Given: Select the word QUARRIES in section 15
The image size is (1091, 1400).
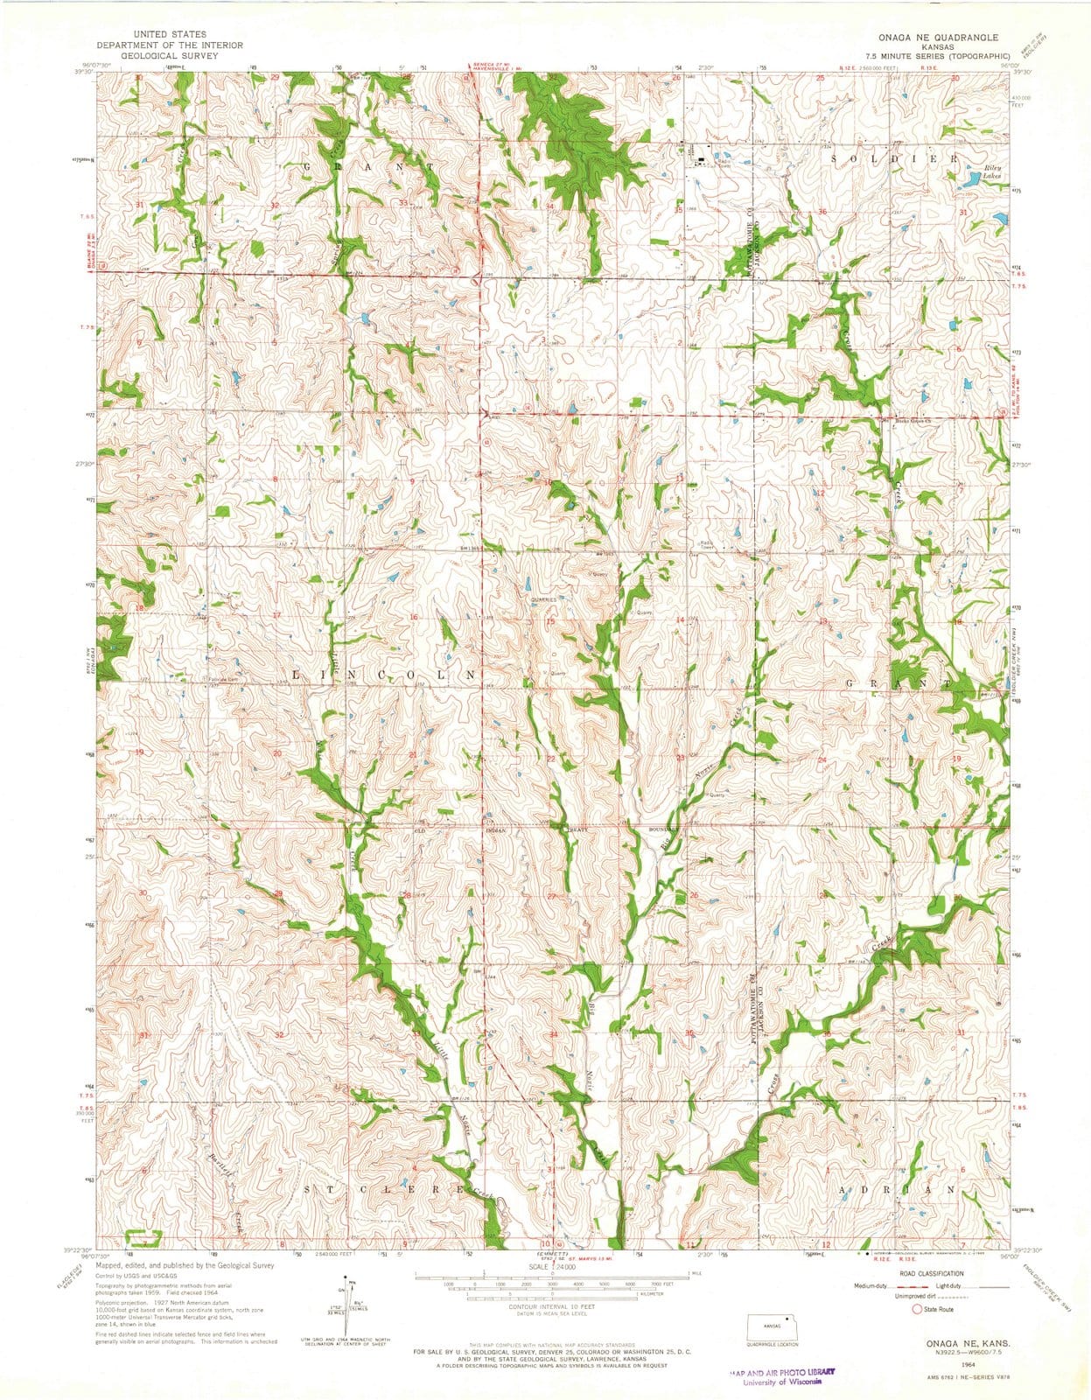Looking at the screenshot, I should tap(543, 599).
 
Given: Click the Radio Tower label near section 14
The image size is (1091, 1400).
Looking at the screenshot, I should tap(705, 544).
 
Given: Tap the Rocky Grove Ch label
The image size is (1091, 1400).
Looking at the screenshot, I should tap(915, 422).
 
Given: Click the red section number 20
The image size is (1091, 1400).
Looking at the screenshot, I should tap(278, 753).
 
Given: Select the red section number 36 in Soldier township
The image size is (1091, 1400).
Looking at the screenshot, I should tap(822, 213).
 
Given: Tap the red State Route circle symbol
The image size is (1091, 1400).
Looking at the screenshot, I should tap(917, 1310).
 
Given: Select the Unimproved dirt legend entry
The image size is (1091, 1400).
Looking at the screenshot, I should tap(892, 1297).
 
